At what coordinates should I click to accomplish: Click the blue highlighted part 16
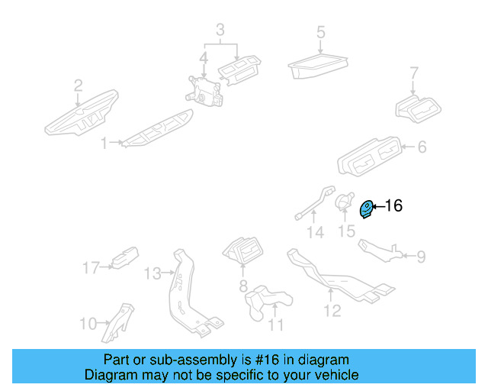tap(367, 208)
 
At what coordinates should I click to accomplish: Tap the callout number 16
tap(393, 205)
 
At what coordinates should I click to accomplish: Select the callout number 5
tap(321, 33)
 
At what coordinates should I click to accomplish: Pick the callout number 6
tap(421, 147)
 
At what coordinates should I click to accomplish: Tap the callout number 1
tap(105, 142)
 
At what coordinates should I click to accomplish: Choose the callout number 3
tap(220, 31)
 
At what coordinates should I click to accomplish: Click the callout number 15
tap(347, 230)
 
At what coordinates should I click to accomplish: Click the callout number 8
tap(243, 286)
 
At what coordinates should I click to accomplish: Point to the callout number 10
tap(88, 324)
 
